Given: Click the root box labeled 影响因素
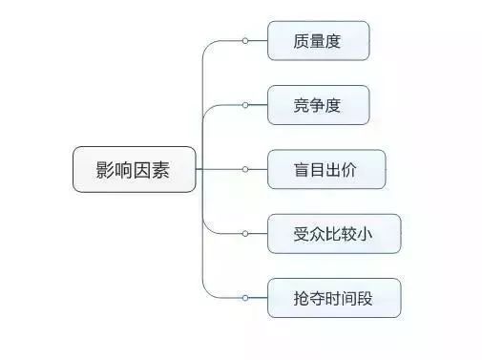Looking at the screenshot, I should click(x=135, y=169).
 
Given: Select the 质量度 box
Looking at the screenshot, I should click(x=318, y=41).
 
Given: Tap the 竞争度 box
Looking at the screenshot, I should click(x=318, y=105).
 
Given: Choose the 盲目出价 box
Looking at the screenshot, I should click(x=326, y=169).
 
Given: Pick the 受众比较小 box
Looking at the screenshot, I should click(x=334, y=233).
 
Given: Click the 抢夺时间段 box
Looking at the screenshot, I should click(x=334, y=297).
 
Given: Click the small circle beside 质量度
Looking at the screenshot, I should click(x=245, y=41).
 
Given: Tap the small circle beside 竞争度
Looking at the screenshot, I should click(x=245, y=105).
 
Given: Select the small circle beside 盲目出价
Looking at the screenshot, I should click(x=245, y=169).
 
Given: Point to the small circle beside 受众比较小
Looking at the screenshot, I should click(x=245, y=233).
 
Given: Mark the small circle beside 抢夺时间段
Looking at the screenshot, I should click(x=245, y=297).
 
